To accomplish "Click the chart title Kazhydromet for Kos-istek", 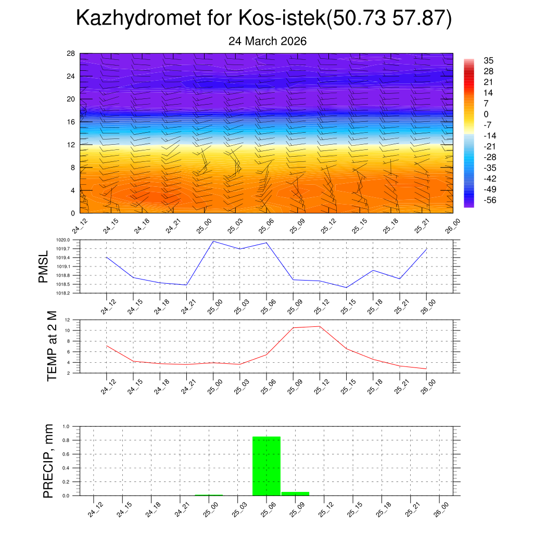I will click(x=263, y=19).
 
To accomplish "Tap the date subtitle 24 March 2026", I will click(x=268, y=41).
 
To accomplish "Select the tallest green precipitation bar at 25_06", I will click(x=266, y=466).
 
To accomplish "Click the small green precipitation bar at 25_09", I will click(x=295, y=493).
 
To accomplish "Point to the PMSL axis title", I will click(x=43, y=266).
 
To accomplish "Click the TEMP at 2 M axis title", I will click(x=52, y=346).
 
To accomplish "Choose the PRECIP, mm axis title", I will click(x=48, y=461).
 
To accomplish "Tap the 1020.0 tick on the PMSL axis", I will click(x=69, y=240).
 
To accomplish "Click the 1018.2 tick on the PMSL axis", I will click(x=69, y=293).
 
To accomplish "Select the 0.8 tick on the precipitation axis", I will click(x=66, y=440).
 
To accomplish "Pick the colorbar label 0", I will click(x=486, y=114).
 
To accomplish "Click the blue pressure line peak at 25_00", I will click(x=213, y=241).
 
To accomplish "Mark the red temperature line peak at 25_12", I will click(x=320, y=326).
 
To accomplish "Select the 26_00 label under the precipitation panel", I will click(x=441, y=509).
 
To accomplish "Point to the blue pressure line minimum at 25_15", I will click(x=346, y=288).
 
